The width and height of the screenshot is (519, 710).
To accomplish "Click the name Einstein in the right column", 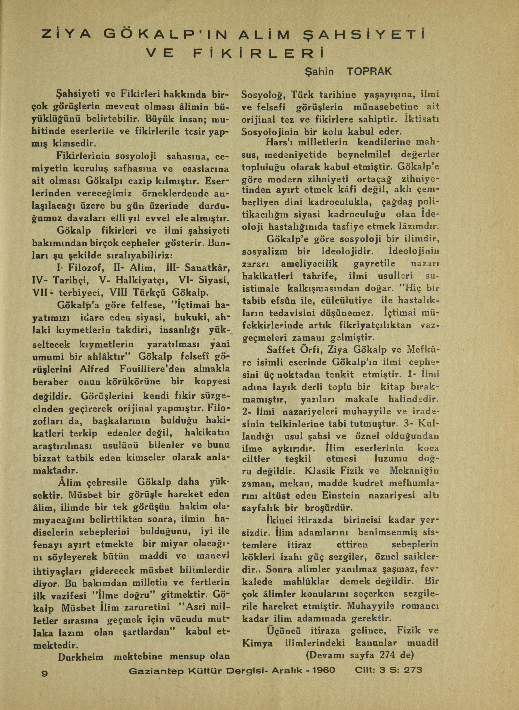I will [341, 495].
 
